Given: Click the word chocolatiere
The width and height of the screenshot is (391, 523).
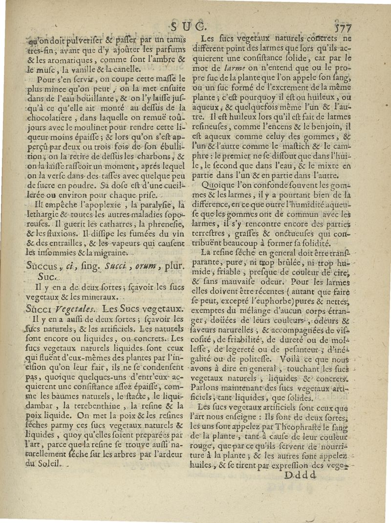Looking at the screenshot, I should pyautogui.click(x=50, y=117).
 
